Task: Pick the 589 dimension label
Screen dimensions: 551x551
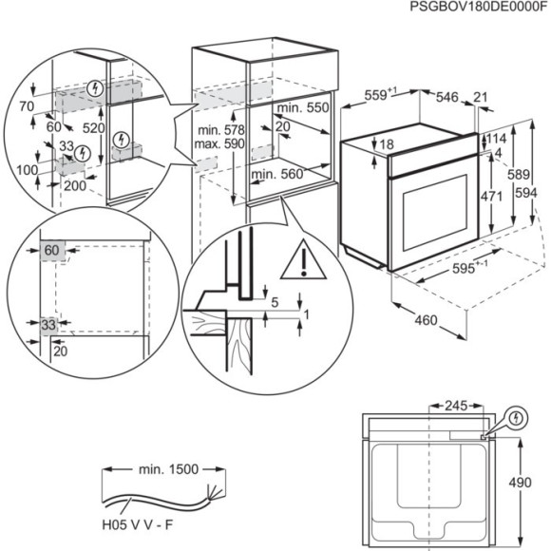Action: [x=516, y=175]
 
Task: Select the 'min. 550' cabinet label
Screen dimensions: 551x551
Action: [x=304, y=109]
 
